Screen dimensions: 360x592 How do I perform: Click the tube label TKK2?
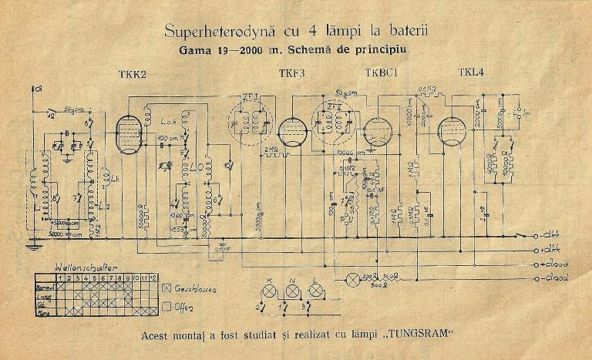133,74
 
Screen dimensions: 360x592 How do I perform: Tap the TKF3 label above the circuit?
291,74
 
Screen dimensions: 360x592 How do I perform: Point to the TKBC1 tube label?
381,74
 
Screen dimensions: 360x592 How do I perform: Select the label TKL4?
470,73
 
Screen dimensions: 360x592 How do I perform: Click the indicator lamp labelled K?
269,291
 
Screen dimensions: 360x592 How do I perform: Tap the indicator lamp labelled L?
315,291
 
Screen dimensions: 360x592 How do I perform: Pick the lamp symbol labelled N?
292,291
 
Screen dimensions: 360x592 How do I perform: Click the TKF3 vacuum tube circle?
292,132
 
